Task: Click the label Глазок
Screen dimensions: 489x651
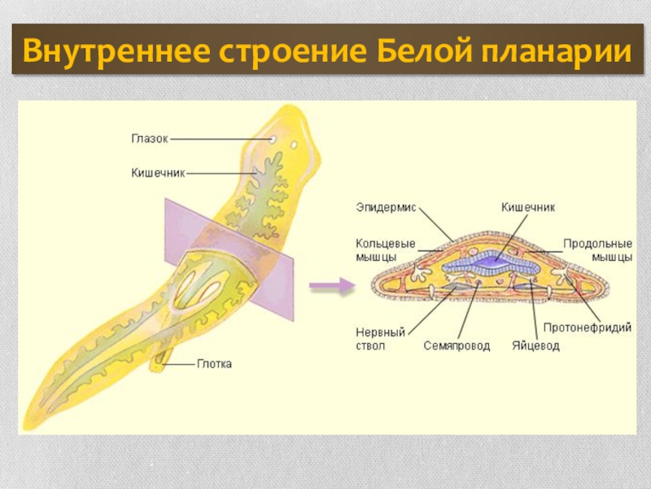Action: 150,139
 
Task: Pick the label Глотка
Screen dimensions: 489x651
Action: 214,364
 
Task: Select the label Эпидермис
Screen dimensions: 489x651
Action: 386,208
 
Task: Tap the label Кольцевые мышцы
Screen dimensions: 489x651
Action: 385,250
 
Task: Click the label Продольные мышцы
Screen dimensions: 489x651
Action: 599,250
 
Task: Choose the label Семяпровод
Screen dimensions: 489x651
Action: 457,346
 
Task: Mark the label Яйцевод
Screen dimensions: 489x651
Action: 535,346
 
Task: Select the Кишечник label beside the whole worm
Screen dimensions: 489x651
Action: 159,173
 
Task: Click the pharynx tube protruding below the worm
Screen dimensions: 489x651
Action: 160,359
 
